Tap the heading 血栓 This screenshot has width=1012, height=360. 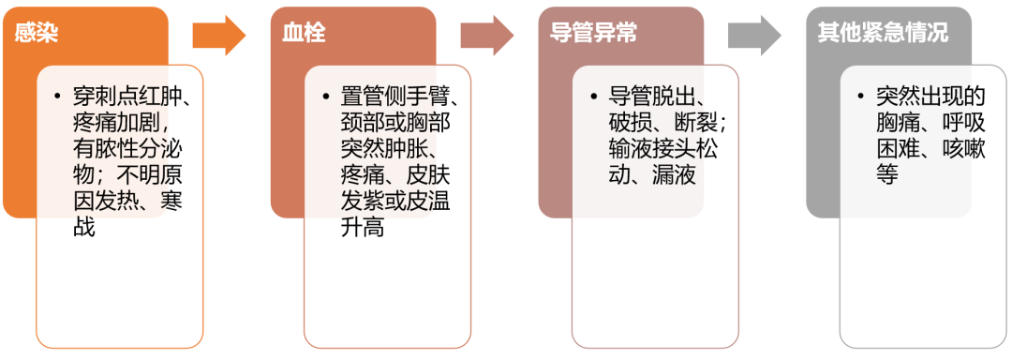304,33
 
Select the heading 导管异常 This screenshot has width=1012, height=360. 593,33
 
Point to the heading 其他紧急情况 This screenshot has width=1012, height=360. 882,33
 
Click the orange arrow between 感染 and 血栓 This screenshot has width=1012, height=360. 218,36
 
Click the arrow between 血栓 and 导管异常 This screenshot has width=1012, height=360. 486,36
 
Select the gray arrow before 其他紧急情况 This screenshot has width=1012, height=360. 754,36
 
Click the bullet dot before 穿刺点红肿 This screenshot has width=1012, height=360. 57,96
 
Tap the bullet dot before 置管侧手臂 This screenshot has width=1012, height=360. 325,96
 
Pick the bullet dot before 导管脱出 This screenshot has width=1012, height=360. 593,96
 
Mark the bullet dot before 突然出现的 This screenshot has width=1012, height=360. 861,96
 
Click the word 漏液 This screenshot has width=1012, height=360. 677,174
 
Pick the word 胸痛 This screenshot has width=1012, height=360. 897,122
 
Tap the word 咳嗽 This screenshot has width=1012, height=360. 964,148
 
